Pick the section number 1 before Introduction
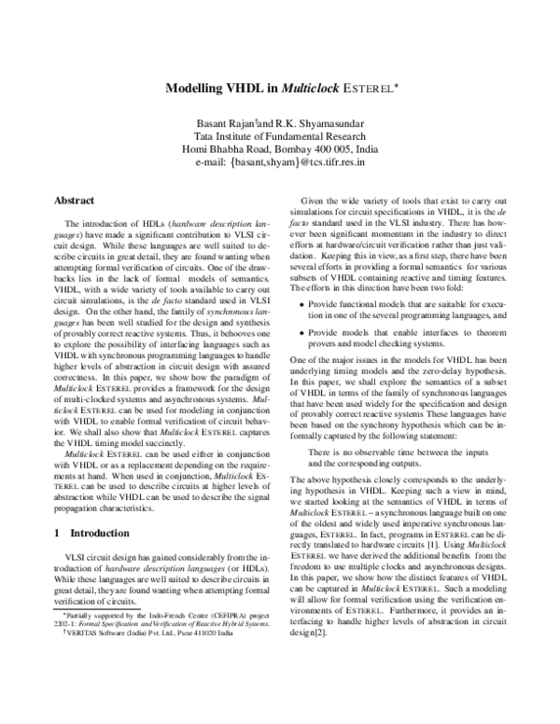click(x=57, y=559)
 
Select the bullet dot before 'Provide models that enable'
click(x=301, y=359)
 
